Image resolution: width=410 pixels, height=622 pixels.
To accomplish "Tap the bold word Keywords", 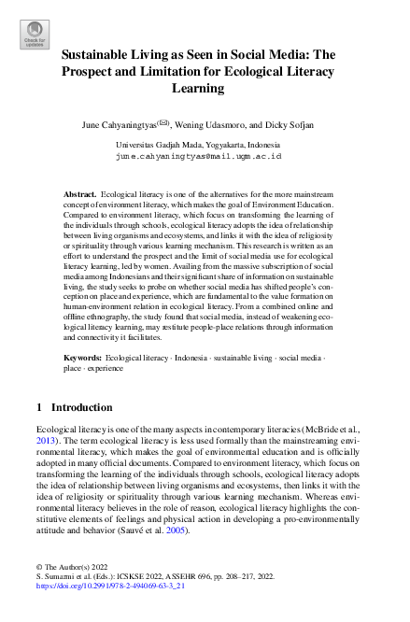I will (82, 358).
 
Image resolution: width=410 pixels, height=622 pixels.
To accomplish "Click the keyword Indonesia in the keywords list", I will (189, 358).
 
